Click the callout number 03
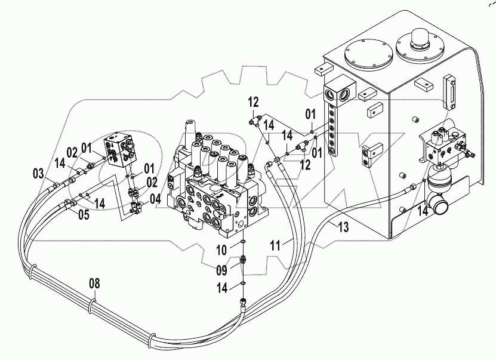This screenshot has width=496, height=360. point(38,174)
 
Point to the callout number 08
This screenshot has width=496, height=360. point(94,283)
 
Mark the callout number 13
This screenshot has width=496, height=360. point(343,226)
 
